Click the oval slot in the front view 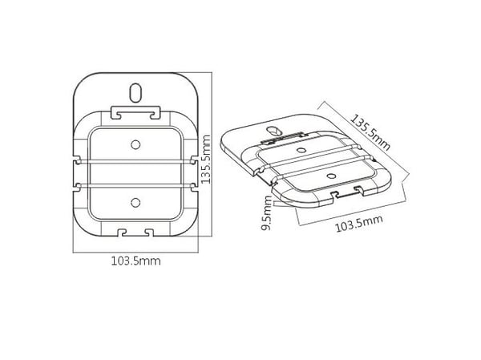coord(135,93)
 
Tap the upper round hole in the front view coord(135,144)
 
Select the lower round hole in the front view coord(135,203)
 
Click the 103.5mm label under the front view coord(135,261)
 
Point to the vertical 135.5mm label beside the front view coord(205,160)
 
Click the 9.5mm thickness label coord(266,212)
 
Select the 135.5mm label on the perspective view coord(370,132)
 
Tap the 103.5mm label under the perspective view coord(359,223)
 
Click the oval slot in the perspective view coord(273,131)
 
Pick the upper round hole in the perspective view coord(302,150)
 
